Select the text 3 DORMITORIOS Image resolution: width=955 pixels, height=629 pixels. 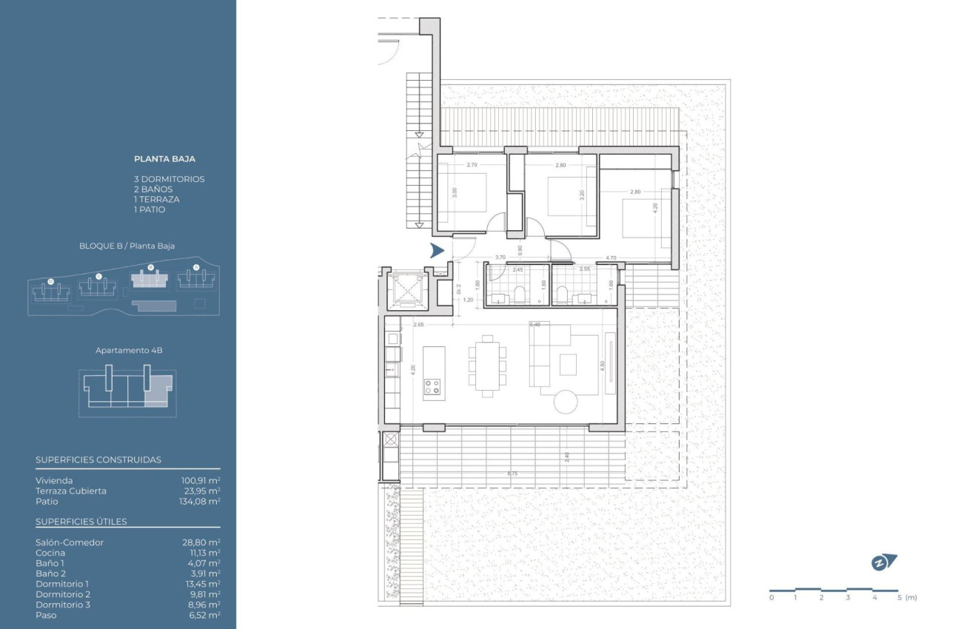[x=169, y=179]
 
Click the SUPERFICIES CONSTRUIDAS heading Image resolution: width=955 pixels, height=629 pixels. [x=98, y=460]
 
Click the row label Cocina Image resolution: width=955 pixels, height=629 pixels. [x=50, y=553]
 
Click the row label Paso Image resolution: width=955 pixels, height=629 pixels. [x=46, y=615]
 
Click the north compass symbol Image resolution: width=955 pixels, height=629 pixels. [x=882, y=562]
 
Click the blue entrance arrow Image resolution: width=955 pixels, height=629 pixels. [x=437, y=251]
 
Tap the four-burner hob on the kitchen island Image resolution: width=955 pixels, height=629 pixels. [x=432, y=386]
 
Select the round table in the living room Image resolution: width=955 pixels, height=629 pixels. [x=569, y=402]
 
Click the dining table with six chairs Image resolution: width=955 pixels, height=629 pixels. [x=486, y=366]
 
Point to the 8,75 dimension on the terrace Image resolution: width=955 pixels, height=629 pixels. [x=512, y=474]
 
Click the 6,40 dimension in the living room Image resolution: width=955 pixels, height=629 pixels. [x=535, y=325]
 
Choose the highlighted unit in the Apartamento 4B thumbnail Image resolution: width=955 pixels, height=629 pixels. [x=158, y=391]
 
